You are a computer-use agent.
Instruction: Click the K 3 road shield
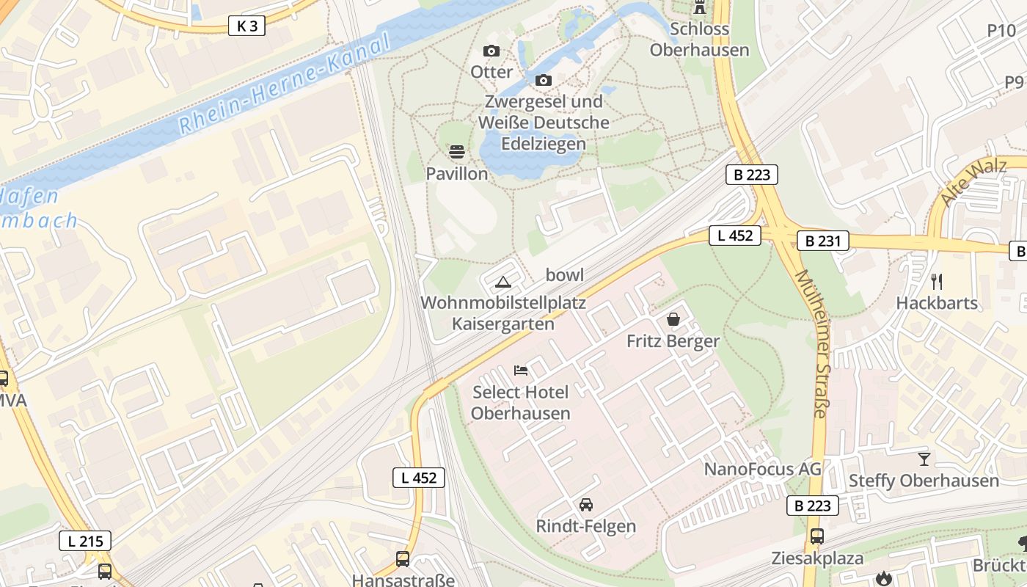click(246, 26)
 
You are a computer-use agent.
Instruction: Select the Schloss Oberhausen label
click(700, 40)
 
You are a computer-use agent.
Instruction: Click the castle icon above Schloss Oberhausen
click(700, 7)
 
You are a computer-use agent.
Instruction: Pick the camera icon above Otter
click(491, 51)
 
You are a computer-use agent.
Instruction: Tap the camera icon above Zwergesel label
click(544, 80)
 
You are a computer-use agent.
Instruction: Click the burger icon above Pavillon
click(457, 152)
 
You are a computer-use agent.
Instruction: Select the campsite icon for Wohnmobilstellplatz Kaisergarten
click(502, 282)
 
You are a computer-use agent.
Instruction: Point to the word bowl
click(565, 275)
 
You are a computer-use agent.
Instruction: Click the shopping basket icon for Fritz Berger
click(673, 319)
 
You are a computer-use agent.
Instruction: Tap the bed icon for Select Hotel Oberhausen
click(521, 370)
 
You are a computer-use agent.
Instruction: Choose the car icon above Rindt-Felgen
click(585, 505)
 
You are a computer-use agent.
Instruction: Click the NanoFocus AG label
click(763, 469)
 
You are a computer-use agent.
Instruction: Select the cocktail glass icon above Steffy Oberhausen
click(924, 459)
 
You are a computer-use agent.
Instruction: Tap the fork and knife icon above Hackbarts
click(937, 281)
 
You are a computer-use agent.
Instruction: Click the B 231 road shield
click(822, 241)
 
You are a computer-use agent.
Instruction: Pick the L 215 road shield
click(85, 542)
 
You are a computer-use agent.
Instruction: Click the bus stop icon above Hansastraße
click(403, 559)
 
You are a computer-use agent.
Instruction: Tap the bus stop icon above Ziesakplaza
click(817, 536)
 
